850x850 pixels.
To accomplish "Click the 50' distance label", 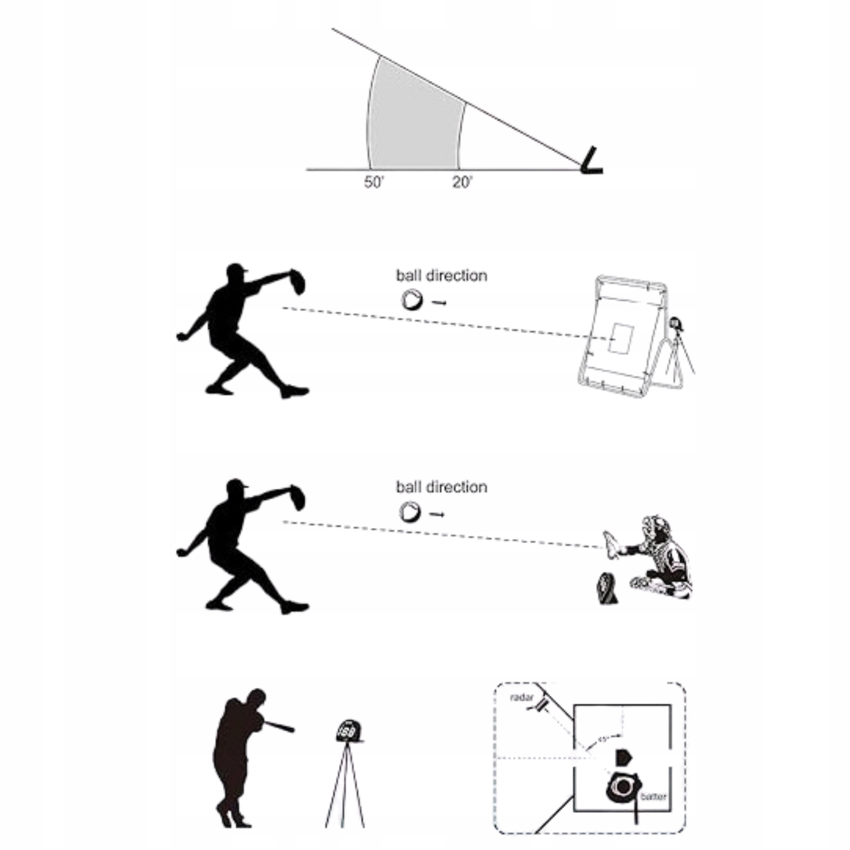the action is tap(374, 182).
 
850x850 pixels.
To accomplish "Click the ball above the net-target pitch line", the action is tap(412, 300).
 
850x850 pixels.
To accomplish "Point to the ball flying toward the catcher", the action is tap(410, 512).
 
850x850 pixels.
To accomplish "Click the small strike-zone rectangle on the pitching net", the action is tap(620, 337).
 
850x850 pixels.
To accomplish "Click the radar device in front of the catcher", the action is tap(607, 588).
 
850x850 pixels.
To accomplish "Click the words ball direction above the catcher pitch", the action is tap(441, 487).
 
